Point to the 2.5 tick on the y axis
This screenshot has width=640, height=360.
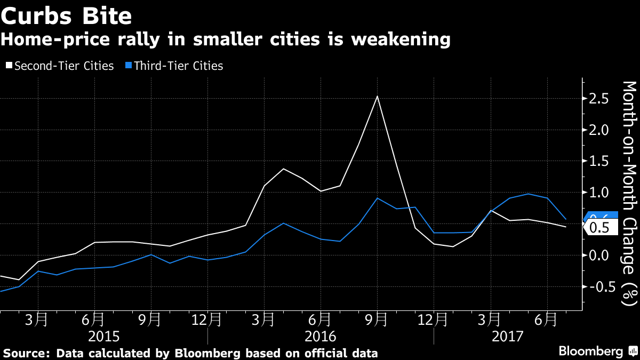[x=598, y=99]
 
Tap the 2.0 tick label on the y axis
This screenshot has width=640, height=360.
[x=598, y=130]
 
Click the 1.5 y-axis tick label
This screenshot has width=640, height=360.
[x=598, y=162]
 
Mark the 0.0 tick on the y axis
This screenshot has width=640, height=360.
[x=598, y=255]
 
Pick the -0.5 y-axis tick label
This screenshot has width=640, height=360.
[x=596, y=286]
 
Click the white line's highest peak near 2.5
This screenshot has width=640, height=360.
[x=378, y=96]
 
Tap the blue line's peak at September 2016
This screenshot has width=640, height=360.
[x=378, y=198]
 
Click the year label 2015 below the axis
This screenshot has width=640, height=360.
[x=104, y=337]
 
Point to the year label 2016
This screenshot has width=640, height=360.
[x=321, y=337]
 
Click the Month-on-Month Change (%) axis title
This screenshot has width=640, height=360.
[x=629, y=193]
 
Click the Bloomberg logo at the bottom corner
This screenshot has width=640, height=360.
[x=597, y=351]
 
